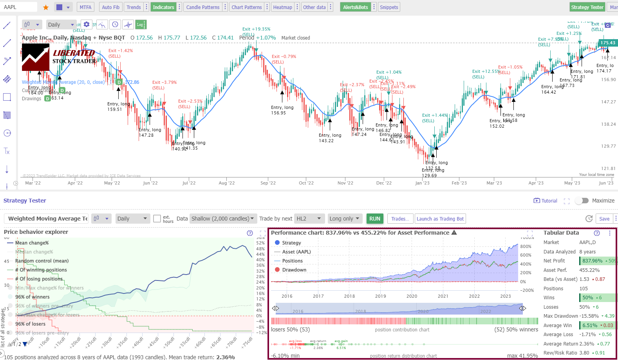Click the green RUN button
(x=374, y=219)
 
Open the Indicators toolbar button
(x=163, y=7)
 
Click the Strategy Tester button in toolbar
(x=587, y=7)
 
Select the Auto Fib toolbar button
(x=110, y=7)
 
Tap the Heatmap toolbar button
(x=282, y=7)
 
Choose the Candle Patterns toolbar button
(x=202, y=7)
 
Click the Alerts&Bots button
(x=355, y=7)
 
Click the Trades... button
(x=400, y=219)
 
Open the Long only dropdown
(x=344, y=219)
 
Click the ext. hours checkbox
(x=157, y=219)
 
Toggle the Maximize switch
(x=582, y=201)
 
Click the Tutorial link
(x=545, y=201)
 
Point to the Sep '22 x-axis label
(x=268, y=183)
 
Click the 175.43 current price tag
(x=607, y=43)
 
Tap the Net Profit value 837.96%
(x=592, y=261)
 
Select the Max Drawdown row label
(x=560, y=316)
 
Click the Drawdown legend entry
(x=294, y=270)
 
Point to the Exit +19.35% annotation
(x=256, y=29)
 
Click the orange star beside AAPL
(x=46, y=7)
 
